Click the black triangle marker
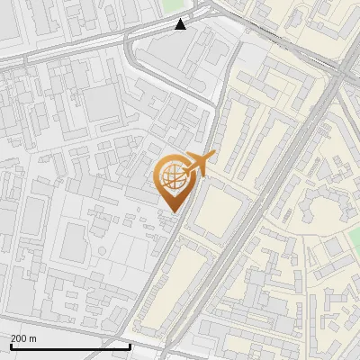(181, 24)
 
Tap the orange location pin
(172, 181)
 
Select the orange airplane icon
(199, 163)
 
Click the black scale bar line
(70, 346)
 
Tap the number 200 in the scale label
(18, 338)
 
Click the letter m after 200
(33, 338)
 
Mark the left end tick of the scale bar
(11, 345)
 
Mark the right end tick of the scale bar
(130, 345)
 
